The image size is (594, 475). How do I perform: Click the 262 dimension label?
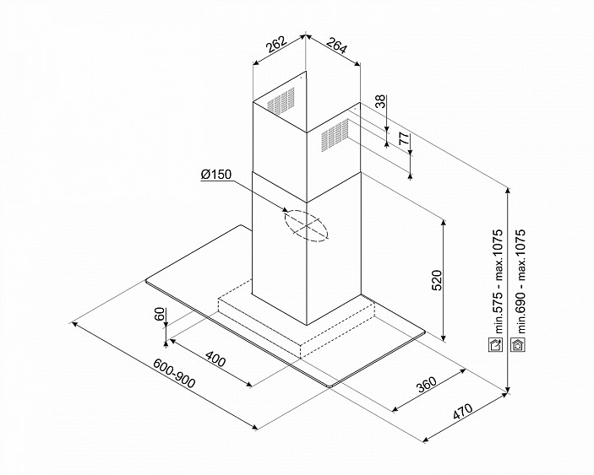coord(276,45)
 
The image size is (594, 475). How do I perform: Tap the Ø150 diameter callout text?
coord(216,175)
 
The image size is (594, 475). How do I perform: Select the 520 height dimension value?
coord(437,280)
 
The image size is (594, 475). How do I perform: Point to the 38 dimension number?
coord(380,101)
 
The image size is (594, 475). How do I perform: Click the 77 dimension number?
coord(404,139)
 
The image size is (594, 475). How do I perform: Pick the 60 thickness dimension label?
coord(160,314)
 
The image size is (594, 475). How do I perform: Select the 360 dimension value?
coord(426,385)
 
